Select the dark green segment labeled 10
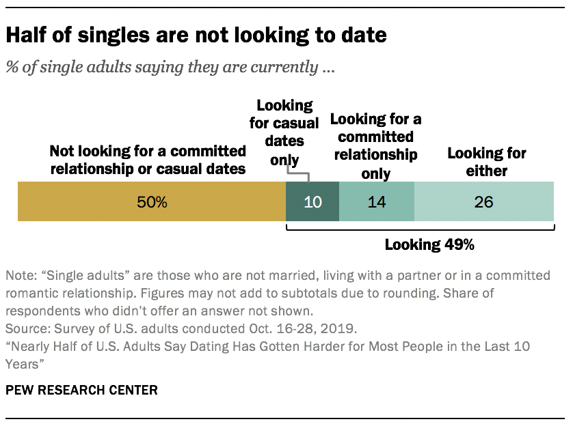tap(312, 202)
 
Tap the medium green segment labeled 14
tap(376, 202)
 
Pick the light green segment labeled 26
tap(484, 202)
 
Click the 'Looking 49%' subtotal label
tap(429, 244)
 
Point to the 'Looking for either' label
tap(487, 162)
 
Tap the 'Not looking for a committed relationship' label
tap(148, 159)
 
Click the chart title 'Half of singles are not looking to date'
tap(196, 35)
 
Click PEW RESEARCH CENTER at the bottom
tap(81, 390)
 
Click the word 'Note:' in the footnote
tap(21, 276)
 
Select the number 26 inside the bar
tap(484, 202)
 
